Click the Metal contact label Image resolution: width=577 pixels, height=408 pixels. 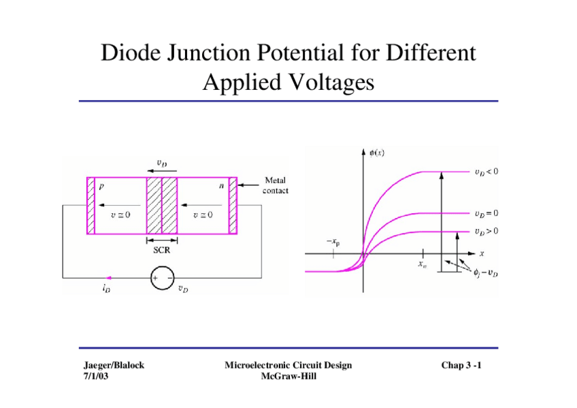[x=276, y=185]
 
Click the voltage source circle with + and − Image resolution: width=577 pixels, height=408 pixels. [x=162, y=278]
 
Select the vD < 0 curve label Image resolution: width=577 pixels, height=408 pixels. [x=486, y=172]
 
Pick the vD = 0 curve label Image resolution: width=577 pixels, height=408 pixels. [x=486, y=213]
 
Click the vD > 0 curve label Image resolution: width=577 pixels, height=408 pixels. [x=486, y=231]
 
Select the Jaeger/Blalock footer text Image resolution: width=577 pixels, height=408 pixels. [x=110, y=366]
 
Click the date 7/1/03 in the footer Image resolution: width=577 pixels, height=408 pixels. [x=95, y=375]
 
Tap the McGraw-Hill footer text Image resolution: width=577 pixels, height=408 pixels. [x=288, y=375]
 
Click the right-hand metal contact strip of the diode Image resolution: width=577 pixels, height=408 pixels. [x=233, y=206]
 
